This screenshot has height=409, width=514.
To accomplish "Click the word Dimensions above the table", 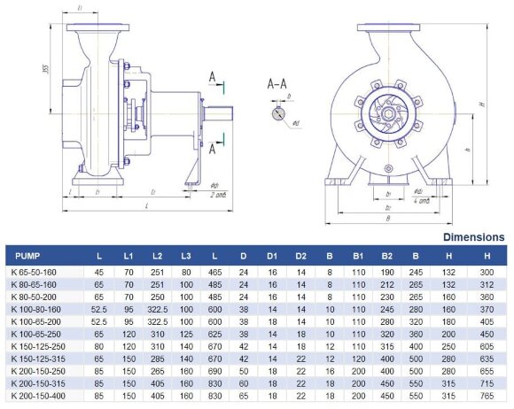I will [x=474, y=237].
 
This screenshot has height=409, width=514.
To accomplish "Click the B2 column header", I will [x=386, y=256].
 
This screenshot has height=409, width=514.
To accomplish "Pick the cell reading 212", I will [x=386, y=284].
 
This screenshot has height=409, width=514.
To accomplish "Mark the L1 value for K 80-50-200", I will [x=128, y=297].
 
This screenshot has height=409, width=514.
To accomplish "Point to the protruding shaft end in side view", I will [x=222, y=116].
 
